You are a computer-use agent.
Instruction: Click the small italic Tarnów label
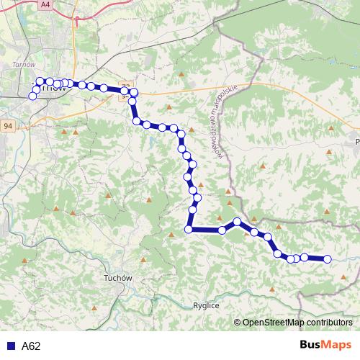coord(19,65)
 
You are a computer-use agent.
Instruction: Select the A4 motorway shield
coord(45,4)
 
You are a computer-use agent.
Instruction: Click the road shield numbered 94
coord(8,126)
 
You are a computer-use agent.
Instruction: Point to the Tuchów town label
coord(117,278)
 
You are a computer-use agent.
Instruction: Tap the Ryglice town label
coord(206,306)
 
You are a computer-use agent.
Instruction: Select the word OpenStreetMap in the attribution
coord(273,323)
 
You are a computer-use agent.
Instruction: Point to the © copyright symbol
coord(237,323)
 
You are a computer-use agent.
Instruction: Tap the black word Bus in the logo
coord(309,346)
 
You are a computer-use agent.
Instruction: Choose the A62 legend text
coord(31,346)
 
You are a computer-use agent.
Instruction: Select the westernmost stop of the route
coord(32,96)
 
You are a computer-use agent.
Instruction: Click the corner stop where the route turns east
coord(189,230)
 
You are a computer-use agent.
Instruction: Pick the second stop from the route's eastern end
coord(305,257)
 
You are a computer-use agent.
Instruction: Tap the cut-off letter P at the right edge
coord(357,143)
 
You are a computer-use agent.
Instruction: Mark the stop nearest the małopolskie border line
coord(237,222)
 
